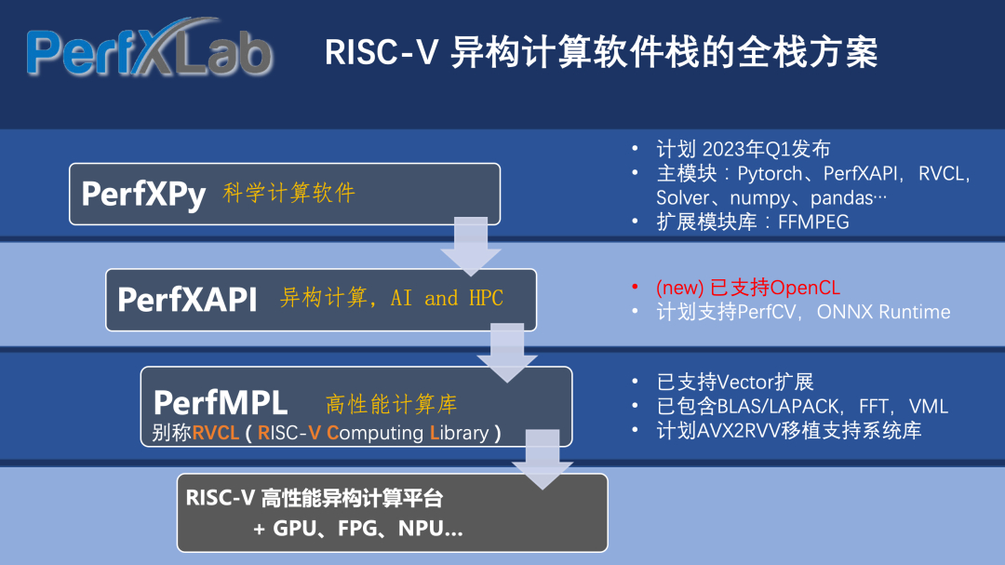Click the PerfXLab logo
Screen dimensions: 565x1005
149,52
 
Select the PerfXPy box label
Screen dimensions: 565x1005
143,194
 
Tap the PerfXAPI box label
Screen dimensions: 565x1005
187,299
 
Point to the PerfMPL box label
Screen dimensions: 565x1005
221,403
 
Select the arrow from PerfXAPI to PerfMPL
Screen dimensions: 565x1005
507,352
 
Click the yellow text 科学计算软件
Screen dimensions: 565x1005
289,194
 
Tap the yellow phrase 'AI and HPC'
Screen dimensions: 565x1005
448,298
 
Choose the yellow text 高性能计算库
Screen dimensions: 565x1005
392,404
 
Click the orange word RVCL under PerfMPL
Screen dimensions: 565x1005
217,433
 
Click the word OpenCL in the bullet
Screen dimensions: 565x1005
806,288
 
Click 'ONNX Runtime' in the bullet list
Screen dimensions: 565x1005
884,312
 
